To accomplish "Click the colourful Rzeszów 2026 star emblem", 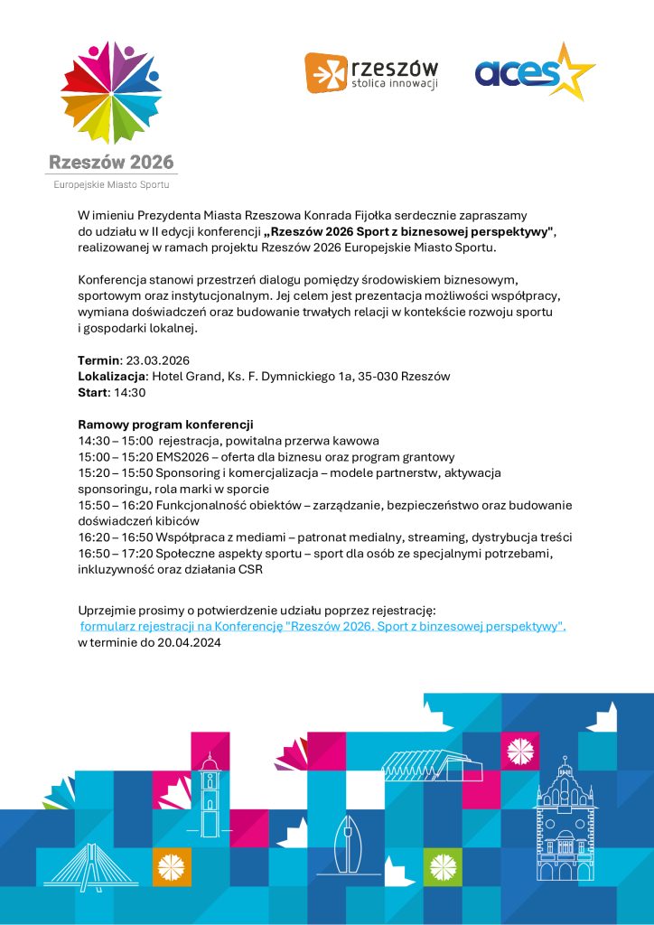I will (110, 92).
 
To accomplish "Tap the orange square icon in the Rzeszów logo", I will (325, 73).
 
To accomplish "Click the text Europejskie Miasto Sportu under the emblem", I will (111, 184).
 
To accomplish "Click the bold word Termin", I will (98, 360).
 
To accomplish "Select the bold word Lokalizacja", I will (112, 377).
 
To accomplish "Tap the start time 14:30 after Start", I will (129, 393).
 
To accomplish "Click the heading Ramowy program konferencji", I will (166, 425).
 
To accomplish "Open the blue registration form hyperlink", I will (322, 626).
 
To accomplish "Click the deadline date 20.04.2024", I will (188, 642).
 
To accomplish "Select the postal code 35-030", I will (383, 377).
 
